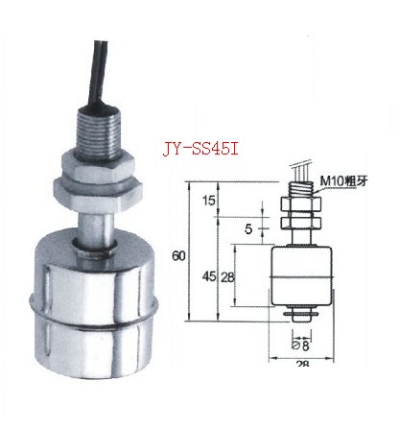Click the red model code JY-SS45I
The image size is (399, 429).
(200, 149)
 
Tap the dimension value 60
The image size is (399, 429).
(178, 256)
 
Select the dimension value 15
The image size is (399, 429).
(209, 201)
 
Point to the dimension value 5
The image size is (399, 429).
(248, 229)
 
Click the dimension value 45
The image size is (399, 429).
(209, 276)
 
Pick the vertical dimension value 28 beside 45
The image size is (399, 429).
(227, 277)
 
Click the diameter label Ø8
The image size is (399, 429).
(301, 346)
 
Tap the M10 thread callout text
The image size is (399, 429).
(344, 181)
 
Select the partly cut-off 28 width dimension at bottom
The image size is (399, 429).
(302, 364)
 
